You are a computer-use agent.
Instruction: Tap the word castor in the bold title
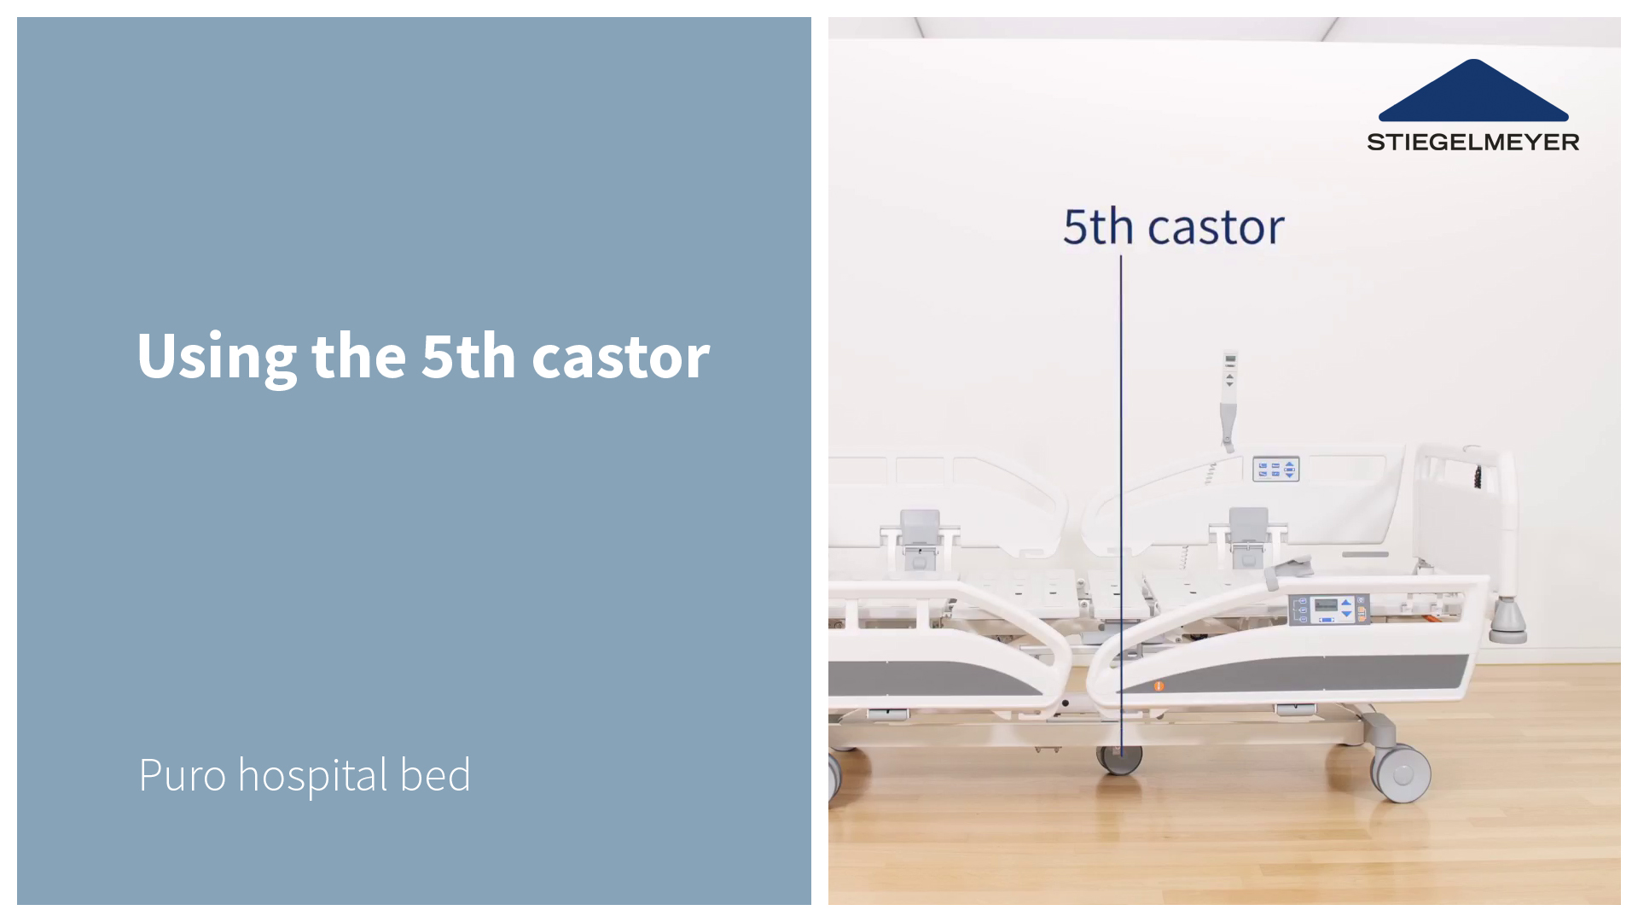pos(620,356)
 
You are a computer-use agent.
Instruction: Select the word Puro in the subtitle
pos(182,775)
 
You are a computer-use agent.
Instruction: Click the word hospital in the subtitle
pos(312,775)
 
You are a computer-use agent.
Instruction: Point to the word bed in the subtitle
pos(435,775)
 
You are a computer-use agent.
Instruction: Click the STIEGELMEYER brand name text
pos(1472,142)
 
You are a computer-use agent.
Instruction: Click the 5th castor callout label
pos(1173,227)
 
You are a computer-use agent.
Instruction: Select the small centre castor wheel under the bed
pos(1119,759)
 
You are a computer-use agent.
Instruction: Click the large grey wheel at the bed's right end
pos(1401,773)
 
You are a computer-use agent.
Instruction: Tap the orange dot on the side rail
pos(1159,686)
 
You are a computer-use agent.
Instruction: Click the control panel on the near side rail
pos(1328,610)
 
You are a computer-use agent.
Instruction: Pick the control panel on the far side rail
pos(1275,470)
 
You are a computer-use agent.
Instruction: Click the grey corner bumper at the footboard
pos(1507,621)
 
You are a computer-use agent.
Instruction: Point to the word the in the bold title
pos(358,356)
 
